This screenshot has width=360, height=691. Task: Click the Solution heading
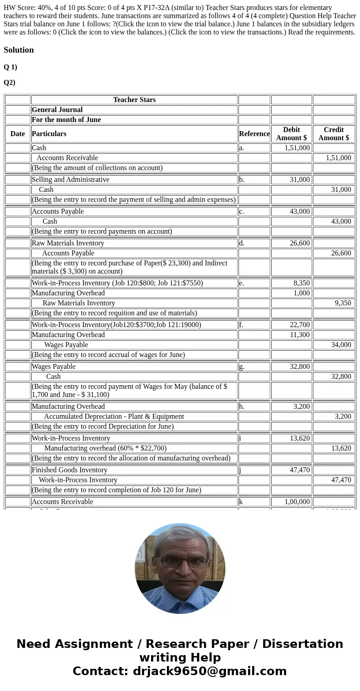click(x=19, y=50)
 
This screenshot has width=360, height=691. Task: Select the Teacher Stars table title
click(x=134, y=100)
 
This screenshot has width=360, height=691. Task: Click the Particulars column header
click(x=49, y=134)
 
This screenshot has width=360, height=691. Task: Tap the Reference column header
click(x=254, y=134)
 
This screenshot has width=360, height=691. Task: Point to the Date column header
click(x=18, y=134)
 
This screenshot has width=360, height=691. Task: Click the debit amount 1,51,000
click(x=297, y=148)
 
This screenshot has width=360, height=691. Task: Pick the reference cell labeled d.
click(x=242, y=243)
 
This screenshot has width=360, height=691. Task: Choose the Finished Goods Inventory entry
click(x=69, y=470)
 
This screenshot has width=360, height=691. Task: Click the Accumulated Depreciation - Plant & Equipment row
click(x=114, y=417)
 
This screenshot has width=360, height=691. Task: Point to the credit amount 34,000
click(x=341, y=345)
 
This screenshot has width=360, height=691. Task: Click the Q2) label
click(x=10, y=83)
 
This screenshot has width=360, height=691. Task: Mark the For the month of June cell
click(x=66, y=120)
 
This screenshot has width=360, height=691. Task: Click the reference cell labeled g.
click(x=242, y=367)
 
